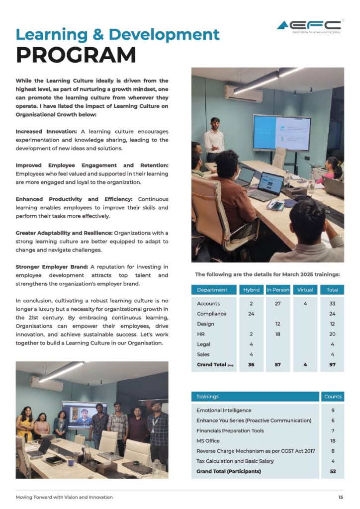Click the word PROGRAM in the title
(x=76, y=55)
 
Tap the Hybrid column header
(x=251, y=290)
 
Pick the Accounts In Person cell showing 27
(x=278, y=304)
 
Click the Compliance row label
(x=211, y=314)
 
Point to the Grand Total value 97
(x=332, y=365)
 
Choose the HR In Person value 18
(x=278, y=334)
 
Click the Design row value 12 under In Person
(x=278, y=324)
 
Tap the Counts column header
(x=332, y=397)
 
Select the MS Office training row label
(x=208, y=441)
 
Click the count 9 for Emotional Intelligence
(x=332, y=411)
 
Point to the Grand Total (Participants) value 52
(x=332, y=471)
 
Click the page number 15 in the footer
(x=340, y=497)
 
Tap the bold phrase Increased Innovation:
(x=46, y=132)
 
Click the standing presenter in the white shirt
(x=214, y=139)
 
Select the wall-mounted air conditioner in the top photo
(x=243, y=93)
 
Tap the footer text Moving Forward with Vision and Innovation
(x=64, y=497)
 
